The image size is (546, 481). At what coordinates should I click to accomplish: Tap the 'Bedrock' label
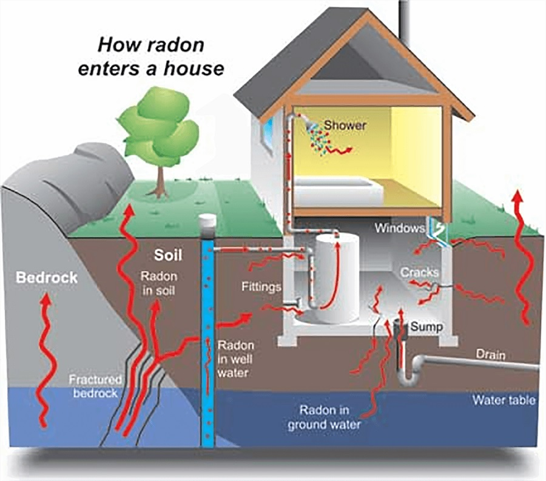click(x=47, y=278)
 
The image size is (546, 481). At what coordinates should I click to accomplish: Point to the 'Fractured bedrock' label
click(x=95, y=386)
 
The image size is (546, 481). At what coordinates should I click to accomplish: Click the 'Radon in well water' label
click(x=236, y=358)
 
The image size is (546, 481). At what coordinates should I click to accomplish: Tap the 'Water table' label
click(x=504, y=400)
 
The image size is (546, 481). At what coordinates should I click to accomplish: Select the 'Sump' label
click(x=426, y=326)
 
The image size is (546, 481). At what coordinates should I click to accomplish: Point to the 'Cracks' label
click(x=419, y=272)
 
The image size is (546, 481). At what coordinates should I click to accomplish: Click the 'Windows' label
click(x=398, y=229)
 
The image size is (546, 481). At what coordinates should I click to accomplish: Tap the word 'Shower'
click(x=345, y=125)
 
